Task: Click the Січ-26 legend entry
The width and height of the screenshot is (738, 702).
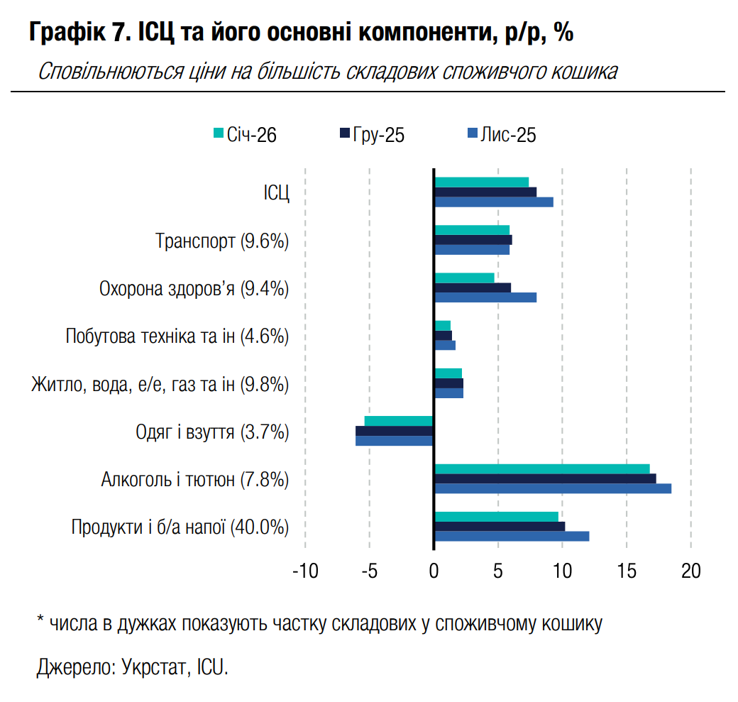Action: tap(245, 134)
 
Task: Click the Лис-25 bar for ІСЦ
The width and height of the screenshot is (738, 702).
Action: tap(493, 202)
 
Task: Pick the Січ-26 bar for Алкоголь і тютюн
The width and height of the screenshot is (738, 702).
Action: tap(541, 468)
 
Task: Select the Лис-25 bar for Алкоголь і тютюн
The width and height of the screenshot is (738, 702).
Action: tap(552, 488)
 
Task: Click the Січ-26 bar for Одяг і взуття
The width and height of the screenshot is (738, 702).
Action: tap(399, 421)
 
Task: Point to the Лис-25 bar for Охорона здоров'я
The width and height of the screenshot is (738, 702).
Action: tap(485, 297)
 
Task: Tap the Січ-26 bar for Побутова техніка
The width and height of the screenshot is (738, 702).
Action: tap(442, 325)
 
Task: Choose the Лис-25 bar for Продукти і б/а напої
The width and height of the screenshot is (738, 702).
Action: tap(511, 536)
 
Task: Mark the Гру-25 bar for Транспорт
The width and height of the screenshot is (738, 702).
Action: tap(473, 240)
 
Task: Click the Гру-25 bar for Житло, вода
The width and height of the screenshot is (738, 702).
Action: tap(448, 383)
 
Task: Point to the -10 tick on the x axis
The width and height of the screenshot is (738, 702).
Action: tap(304, 571)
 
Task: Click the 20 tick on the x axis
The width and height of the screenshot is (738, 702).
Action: tap(690, 571)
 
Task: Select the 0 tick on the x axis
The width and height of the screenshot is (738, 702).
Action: tap(434, 571)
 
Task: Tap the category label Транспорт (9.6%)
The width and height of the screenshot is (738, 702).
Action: tap(222, 241)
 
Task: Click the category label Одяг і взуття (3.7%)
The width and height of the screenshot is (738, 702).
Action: tap(212, 432)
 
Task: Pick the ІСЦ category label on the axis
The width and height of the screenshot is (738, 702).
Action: tap(276, 194)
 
